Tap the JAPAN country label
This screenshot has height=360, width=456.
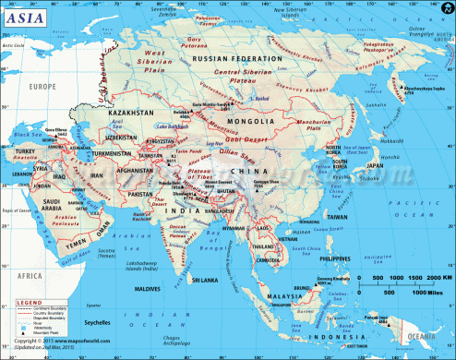pyautogui.click(x=370, y=166)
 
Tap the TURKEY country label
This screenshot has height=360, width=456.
pyautogui.click(x=23, y=150)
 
